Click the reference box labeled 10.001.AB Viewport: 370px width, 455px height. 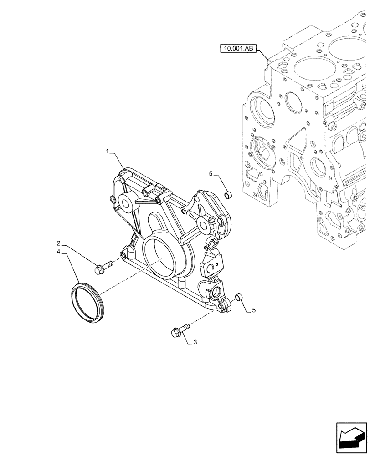[x=239, y=47]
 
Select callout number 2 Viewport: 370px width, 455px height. [x=59, y=243]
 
